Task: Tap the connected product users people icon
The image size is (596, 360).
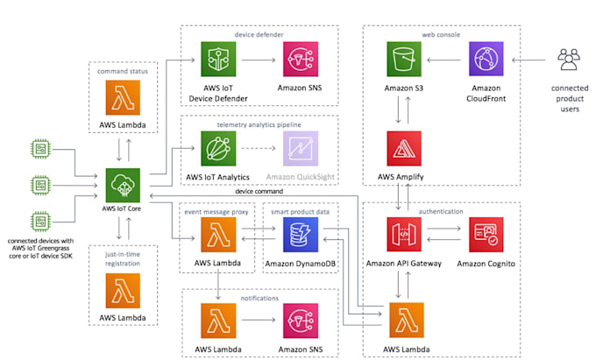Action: pyautogui.click(x=570, y=60)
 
